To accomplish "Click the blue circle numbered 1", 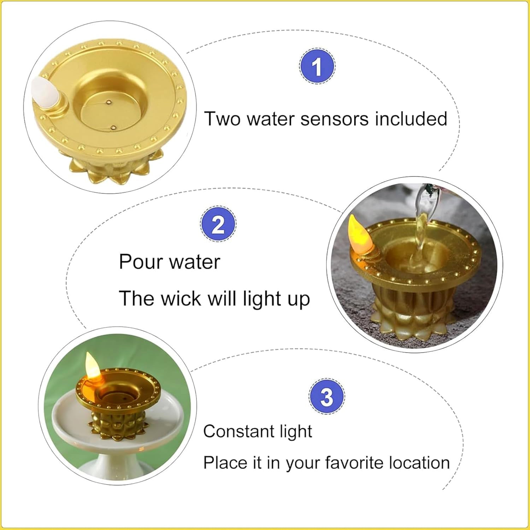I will (317, 66).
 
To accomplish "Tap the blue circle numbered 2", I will (218, 224).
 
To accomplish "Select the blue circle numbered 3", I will (326, 396).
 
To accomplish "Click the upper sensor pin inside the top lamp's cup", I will (108, 103).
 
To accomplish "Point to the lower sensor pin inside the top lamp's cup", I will (113, 126).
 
